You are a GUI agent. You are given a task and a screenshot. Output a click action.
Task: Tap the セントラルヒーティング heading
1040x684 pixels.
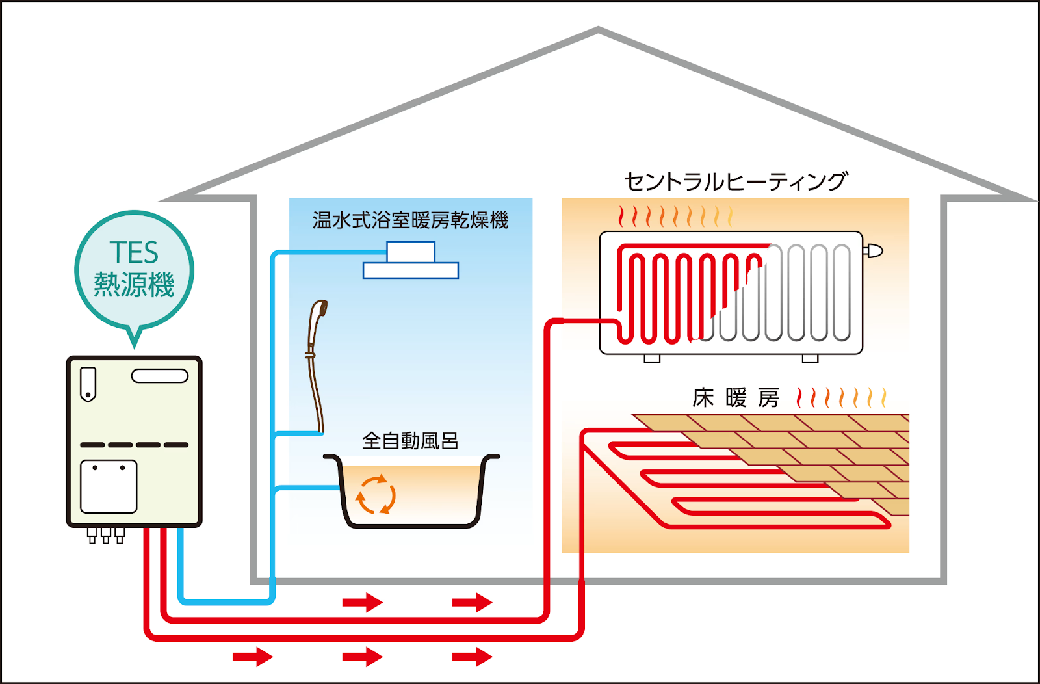click(x=736, y=181)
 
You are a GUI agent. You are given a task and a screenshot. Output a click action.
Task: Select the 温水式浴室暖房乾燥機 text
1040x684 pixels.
click(x=410, y=220)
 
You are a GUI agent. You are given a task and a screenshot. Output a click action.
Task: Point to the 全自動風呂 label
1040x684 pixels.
click(x=410, y=441)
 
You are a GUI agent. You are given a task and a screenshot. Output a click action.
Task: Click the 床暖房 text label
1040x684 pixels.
click(x=736, y=398)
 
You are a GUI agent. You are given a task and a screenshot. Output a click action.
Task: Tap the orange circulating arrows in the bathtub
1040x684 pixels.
click(x=376, y=495)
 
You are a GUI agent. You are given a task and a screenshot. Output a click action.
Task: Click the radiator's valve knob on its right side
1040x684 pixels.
click(x=873, y=250)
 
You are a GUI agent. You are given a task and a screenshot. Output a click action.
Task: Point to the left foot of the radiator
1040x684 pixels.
click(x=652, y=358)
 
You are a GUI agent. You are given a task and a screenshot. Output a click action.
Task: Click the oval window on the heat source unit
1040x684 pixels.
click(x=160, y=376)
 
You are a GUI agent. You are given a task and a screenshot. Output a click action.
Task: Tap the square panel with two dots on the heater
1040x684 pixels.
click(x=109, y=486)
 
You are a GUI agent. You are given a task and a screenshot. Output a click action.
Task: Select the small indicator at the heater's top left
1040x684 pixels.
click(x=88, y=384)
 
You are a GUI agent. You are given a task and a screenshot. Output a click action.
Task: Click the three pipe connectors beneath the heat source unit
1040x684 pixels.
click(x=106, y=535)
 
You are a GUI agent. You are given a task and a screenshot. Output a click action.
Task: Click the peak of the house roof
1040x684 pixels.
click(x=598, y=29)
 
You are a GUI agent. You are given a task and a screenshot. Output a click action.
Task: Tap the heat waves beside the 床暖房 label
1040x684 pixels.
click(x=841, y=397)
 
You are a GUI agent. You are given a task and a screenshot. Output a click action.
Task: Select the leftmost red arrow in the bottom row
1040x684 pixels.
click(x=253, y=657)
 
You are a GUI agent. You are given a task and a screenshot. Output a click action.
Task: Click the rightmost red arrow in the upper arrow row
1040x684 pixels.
click(x=473, y=603)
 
